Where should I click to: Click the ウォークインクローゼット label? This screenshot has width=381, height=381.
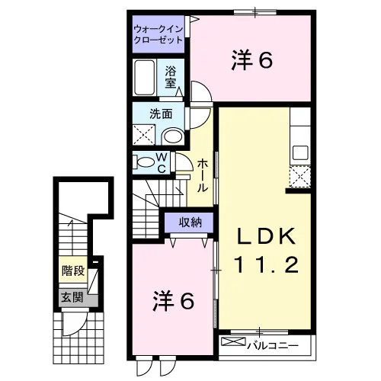[158, 34]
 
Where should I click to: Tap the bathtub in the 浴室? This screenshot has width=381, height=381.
[145, 77]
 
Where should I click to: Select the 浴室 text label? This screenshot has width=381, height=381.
[171, 77]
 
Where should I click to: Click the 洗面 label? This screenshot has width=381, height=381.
[161, 114]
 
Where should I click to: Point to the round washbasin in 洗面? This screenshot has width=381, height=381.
[173, 136]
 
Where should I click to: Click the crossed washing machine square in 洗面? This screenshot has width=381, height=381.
[144, 135]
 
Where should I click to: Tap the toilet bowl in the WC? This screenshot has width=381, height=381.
[145, 162]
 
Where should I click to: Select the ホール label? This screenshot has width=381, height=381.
[203, 175]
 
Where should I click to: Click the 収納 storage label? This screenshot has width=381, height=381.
[190, 223]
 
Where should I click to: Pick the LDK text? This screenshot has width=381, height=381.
[267, 236]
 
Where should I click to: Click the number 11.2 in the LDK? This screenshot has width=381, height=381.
[267, 264]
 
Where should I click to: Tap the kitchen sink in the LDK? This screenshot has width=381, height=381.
[300, 152]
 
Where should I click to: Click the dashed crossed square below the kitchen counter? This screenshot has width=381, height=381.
[300, 177]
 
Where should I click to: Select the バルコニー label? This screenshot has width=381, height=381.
[273, 345]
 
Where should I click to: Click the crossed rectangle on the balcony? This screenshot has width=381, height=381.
[233, 341]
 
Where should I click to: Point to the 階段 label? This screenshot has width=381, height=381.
[73, 271]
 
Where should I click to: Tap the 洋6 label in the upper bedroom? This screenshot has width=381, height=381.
[252, 60]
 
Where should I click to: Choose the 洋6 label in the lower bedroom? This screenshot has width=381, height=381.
[174, 301]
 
